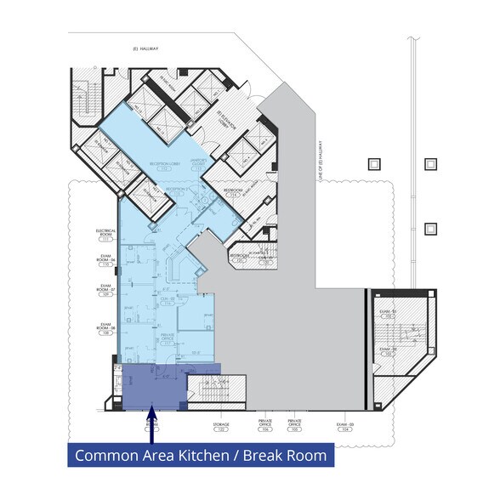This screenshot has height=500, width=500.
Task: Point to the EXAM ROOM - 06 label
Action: coord(106,262)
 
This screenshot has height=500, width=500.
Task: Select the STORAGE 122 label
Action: coord(221,427)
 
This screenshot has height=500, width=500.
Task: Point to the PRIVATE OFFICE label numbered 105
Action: coord(295,424)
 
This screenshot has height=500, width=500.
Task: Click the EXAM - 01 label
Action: coord(389,315)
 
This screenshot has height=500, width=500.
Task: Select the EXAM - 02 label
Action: coord(389,350)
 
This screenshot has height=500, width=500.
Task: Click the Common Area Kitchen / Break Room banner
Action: coord(200,455)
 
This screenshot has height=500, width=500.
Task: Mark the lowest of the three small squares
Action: coord(430,229)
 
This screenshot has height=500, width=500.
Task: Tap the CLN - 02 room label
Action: coord(167,299)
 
